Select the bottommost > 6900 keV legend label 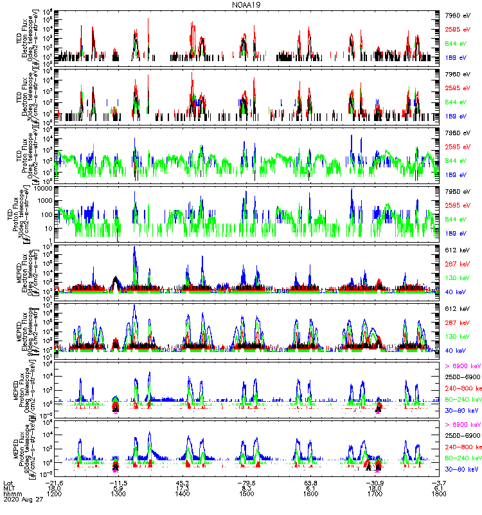pyautogui.click(x=462, y=425)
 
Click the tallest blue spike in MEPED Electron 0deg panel pyautogui.click(x=134, y=248)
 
